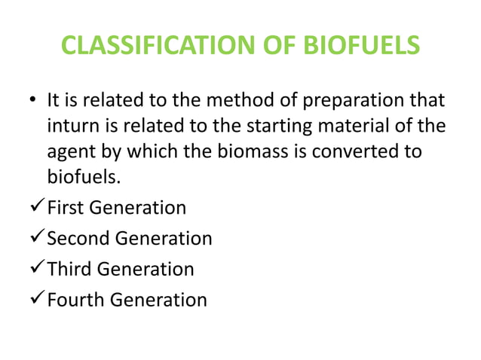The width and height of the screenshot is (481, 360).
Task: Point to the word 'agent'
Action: pyautogui.click(x=69, y=151)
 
